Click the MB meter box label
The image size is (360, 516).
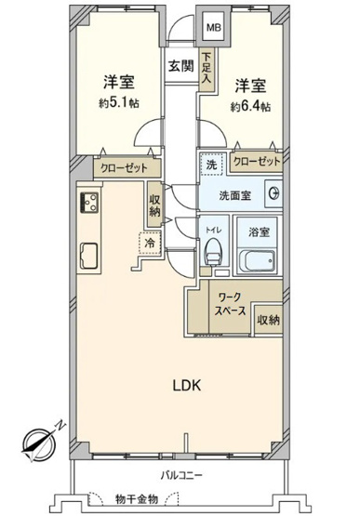(213, 28)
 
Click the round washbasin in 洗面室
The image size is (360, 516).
(273, 193)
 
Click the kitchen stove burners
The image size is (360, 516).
(91, 204)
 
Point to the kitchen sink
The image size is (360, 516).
(91, 254)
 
